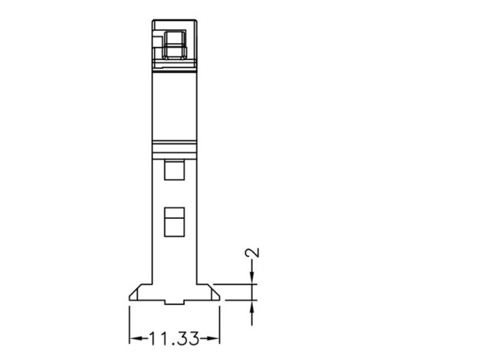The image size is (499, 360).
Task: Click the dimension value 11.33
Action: click(174, 339)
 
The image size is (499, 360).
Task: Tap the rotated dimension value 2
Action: click(252, 253)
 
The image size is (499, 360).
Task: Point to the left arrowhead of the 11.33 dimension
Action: click(136, 339)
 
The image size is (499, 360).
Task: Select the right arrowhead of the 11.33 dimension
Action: click(213, 339)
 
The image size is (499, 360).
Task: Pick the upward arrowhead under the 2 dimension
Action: click(252, 306)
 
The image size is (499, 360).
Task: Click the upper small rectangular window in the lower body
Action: click(174, 170)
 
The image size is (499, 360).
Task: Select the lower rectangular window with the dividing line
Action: click(174, 222)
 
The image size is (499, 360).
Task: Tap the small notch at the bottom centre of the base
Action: click(174, 302)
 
